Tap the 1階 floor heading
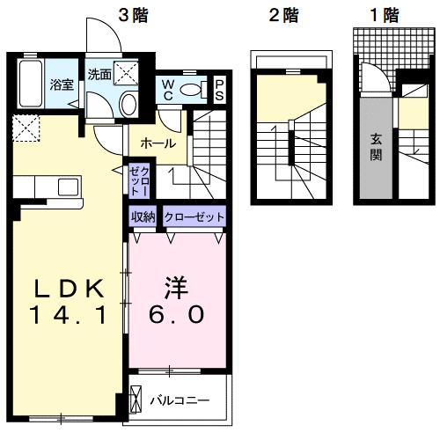pos(381,14)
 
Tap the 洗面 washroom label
pos(98,75)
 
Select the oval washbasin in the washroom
pos(128,104)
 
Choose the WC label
pos(167,90)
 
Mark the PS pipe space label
pos(219,89)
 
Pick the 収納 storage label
pos(143,216)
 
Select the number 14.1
pos(70,314)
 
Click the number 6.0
pos(177,314)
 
